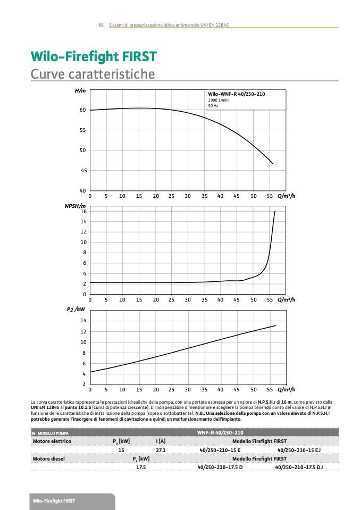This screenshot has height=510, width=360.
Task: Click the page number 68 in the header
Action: (101, 25)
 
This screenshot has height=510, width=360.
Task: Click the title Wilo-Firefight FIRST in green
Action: (94, 56)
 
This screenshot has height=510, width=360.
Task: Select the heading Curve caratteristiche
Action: (93, 73)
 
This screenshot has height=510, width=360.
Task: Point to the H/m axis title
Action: (80, 91)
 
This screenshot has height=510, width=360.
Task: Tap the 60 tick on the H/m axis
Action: (82, 110)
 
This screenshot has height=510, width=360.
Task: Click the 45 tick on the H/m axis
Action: (82, 170)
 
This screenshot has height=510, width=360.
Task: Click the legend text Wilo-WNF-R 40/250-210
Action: (236, 94)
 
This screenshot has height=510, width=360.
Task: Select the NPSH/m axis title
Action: (75, 205)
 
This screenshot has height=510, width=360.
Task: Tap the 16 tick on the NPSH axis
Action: (83, 212)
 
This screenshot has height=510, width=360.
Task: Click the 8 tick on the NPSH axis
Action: (84, 253)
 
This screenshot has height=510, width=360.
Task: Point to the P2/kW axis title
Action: (76, 308)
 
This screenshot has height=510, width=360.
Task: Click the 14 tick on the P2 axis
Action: (83, 321)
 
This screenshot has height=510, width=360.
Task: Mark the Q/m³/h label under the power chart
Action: (286, 389)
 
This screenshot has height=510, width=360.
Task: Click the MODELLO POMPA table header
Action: (53, 433)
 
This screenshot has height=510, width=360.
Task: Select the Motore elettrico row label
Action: (52, 441)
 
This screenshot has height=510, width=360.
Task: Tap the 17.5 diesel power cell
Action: (141, 467)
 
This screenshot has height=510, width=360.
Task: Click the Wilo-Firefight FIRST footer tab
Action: (54, 501)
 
